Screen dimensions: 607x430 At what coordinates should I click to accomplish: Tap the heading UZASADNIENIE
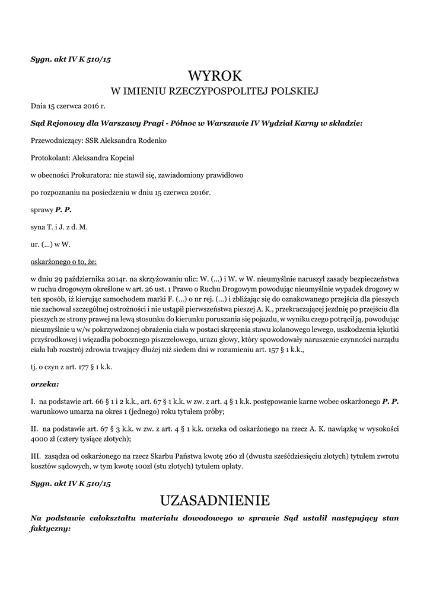click(x=215, y=500)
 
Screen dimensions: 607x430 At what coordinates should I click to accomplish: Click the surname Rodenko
click(x=149, y=141)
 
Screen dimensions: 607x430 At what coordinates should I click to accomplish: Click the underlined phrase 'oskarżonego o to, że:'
click(x=63, y=261)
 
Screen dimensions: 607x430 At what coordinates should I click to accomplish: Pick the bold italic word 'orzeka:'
click(x=44, y=384)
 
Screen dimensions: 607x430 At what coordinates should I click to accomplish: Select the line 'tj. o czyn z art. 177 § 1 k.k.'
click(x=71, y=368)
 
